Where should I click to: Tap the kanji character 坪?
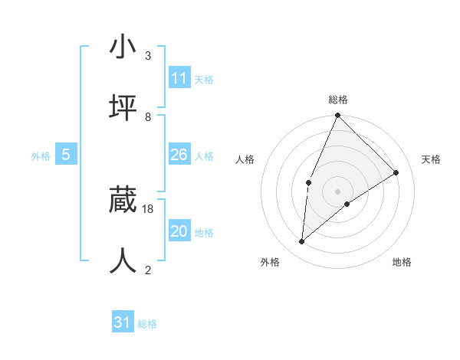[x=123, y=107]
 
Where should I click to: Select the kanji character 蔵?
[x=123, y=201]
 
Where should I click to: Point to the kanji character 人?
[x=123, y=260]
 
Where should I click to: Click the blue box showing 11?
[x=179, y=78]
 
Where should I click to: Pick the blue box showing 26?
[x=179, y=155]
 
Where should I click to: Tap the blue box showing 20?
[x=179, y=231]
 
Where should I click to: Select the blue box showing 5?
[x=66, y=155]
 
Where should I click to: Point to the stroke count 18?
[x=148, y=208]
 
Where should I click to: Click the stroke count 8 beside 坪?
[x=148, y=116]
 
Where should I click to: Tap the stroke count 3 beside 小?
[x=148, y=56]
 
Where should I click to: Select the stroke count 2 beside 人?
[x=148, y=270]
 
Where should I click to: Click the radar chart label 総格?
[x=338, y=100]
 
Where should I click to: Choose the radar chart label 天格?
[x=431, y=159]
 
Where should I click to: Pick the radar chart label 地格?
[x=402, y=262]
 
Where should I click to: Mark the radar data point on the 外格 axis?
[x=302, y=242]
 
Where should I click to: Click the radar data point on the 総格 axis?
[x=338, y=116]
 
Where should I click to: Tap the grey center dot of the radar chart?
[x=338, y=191]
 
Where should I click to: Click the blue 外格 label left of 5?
[x=41, y=155]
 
